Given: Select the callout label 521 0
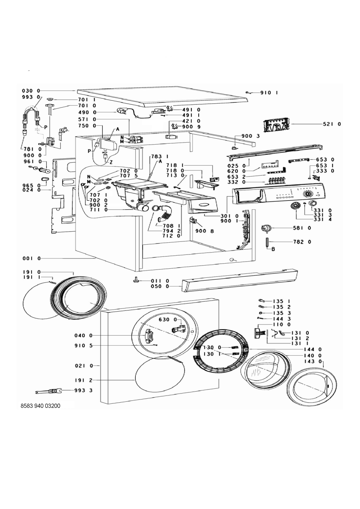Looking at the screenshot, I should click(x=332, y=124).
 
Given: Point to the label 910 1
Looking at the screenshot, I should click(x=270, y=93).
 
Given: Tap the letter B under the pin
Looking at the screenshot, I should click(x=272, y=249).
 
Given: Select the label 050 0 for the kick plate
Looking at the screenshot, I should click(x=160, y=287).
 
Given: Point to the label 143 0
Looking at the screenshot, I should click(x=314, y=361).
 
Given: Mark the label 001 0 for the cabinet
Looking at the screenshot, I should click(x=32, y=258).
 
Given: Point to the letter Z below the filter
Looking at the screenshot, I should click(x=112, y=163).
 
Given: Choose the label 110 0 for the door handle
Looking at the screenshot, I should click(x=282, y=325).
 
